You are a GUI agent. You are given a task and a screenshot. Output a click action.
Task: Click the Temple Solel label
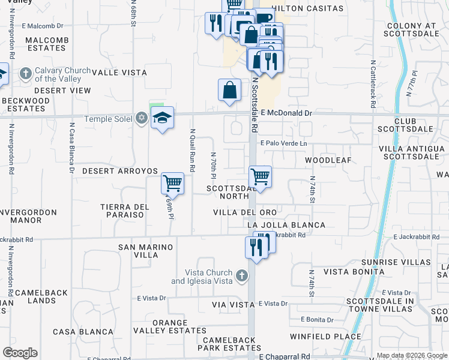[110, 119]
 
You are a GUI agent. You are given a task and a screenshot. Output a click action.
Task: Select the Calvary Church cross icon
[25, 74]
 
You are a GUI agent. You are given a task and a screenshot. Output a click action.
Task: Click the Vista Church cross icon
[241, 276]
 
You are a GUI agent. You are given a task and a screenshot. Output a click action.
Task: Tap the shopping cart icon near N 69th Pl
[172, 182]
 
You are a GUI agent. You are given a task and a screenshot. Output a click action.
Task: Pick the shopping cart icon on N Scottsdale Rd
[260, 176]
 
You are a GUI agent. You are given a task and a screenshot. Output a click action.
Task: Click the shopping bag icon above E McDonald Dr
[229, 91]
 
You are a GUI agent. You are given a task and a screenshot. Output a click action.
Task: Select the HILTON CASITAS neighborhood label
[307, 9]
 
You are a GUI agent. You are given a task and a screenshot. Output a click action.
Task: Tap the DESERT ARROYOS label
[119, 171]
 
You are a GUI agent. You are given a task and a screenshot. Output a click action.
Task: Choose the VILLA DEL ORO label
[245, 213]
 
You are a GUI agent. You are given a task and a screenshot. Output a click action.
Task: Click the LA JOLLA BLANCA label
[286, 225]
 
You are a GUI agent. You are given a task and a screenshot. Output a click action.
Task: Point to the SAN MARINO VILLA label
[146, 251]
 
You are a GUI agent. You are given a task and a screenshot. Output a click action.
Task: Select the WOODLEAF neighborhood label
[327, 161]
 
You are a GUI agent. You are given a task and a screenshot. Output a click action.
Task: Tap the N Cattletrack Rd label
[373, 83]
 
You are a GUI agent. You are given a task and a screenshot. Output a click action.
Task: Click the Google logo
[20, 353]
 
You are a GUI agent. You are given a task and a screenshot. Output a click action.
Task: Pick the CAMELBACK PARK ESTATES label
[230, 343]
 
